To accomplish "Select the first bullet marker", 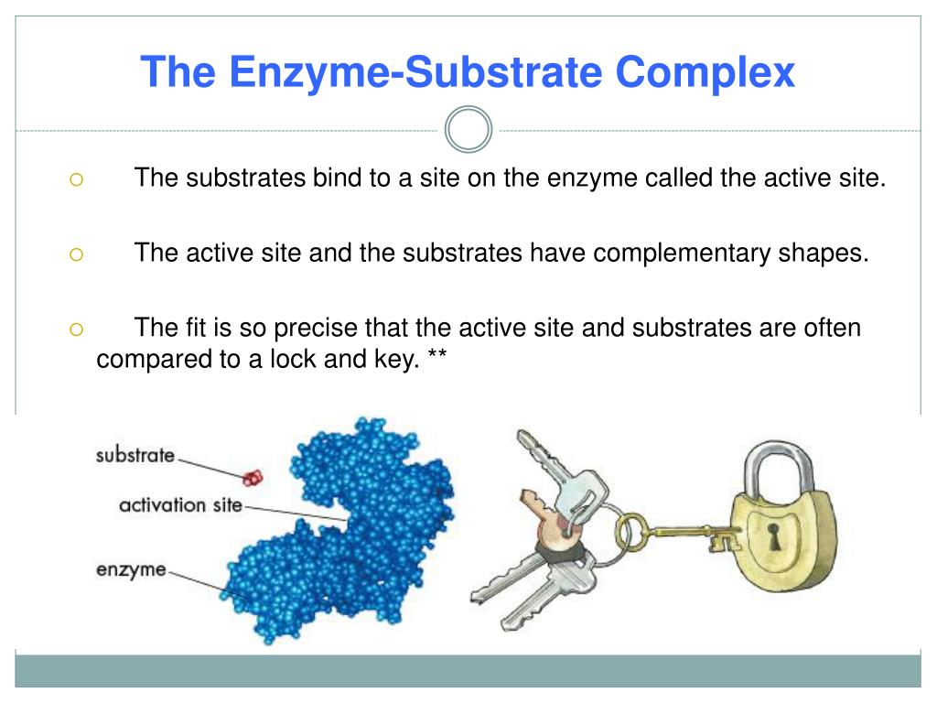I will (76, 180).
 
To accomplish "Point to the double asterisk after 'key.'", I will (436, 361).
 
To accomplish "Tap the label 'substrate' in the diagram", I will (135, 455).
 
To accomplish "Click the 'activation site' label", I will (180, 504).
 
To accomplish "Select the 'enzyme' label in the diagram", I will (131, 569).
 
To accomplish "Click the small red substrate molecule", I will (252, 477).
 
